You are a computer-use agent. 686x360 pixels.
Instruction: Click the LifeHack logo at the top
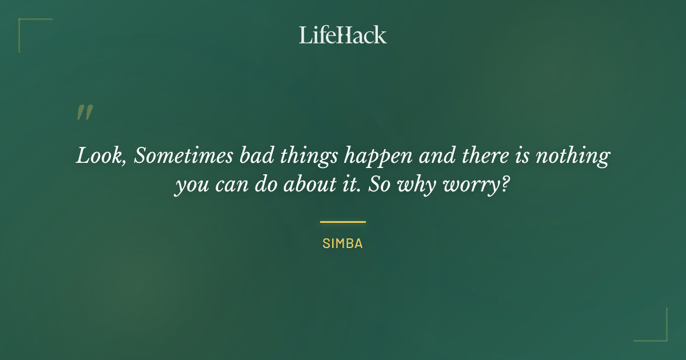tap(343, 35)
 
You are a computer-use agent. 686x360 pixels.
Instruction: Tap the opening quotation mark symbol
tap(84, 113)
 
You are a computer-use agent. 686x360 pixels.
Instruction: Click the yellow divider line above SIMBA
tap(343, 222)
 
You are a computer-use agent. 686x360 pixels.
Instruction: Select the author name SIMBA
tap(343, 243)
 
